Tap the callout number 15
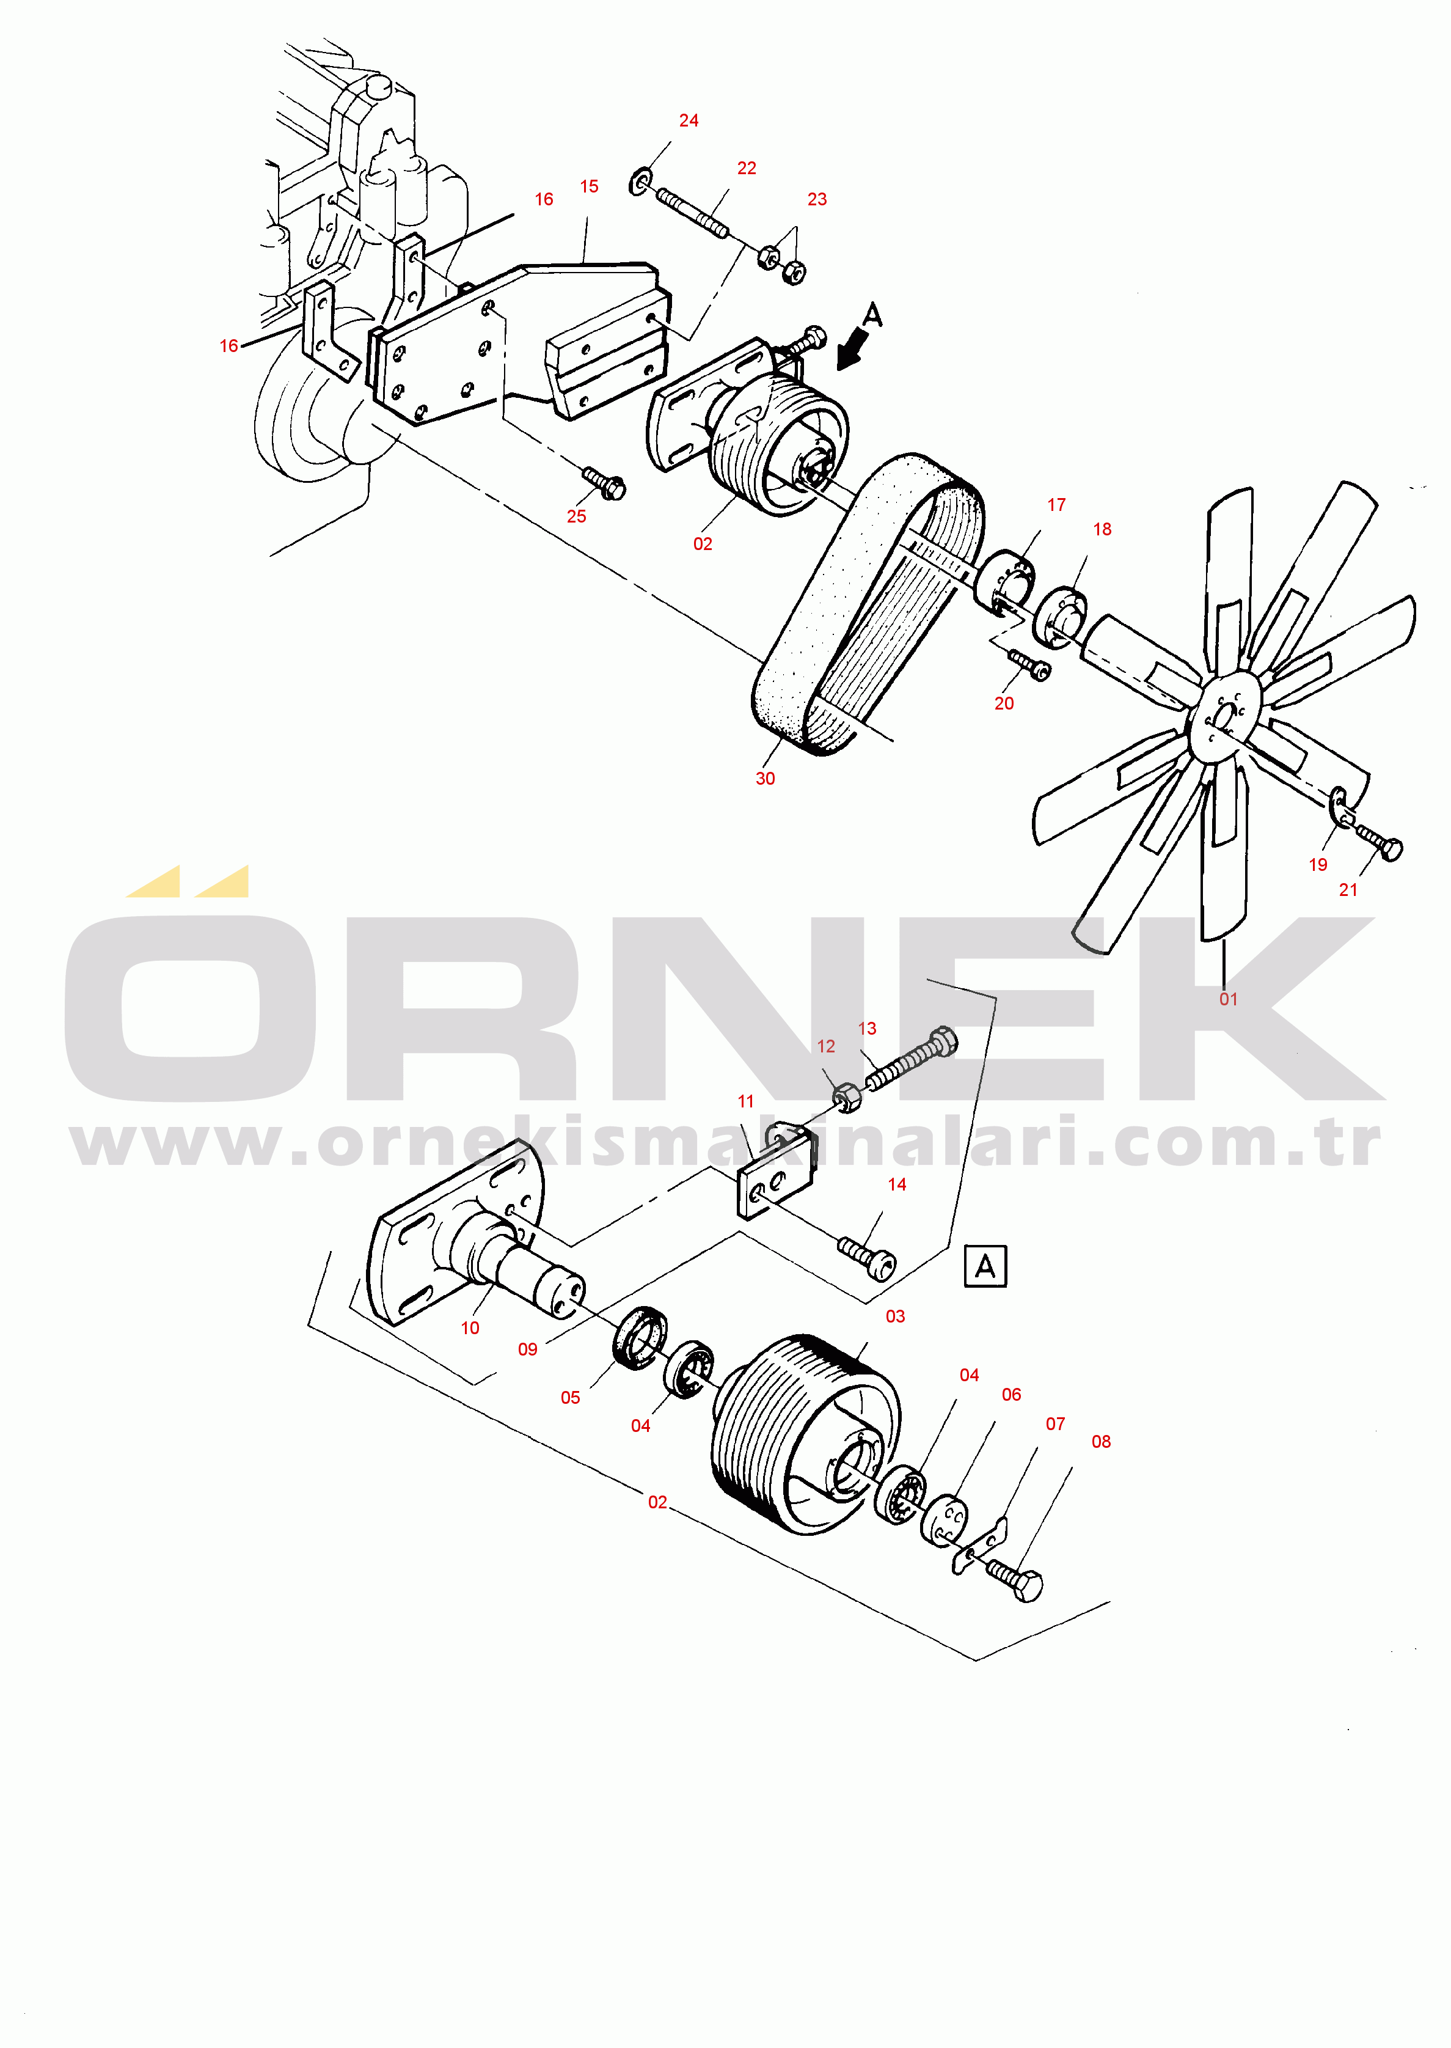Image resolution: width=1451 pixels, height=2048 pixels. (x=589, y=187)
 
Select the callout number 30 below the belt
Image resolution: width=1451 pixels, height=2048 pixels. (x=765, y=778)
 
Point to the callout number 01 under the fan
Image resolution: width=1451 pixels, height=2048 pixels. (x=1229, y=999)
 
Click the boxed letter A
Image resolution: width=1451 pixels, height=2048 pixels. (x=985, y=1266)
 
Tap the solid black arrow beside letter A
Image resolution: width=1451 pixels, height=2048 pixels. (x=852, y=348)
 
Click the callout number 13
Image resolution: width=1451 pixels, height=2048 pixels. (x=867, y=1029)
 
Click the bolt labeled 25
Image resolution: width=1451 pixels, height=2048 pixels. (x=605, y=483)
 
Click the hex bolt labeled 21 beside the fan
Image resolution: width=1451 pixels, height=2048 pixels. (x=1380, y=841)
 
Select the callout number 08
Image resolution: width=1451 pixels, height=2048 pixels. (x=1101, y=1441)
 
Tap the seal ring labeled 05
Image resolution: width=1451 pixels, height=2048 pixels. (x=640, y=1336)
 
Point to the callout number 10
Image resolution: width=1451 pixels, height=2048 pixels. (x=470, y=1328)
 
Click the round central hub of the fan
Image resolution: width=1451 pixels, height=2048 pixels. (x=1225, y=715)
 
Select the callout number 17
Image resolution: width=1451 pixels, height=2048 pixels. (x=1056, y=505)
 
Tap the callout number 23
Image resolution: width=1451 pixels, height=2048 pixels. (x=817, y=199)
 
